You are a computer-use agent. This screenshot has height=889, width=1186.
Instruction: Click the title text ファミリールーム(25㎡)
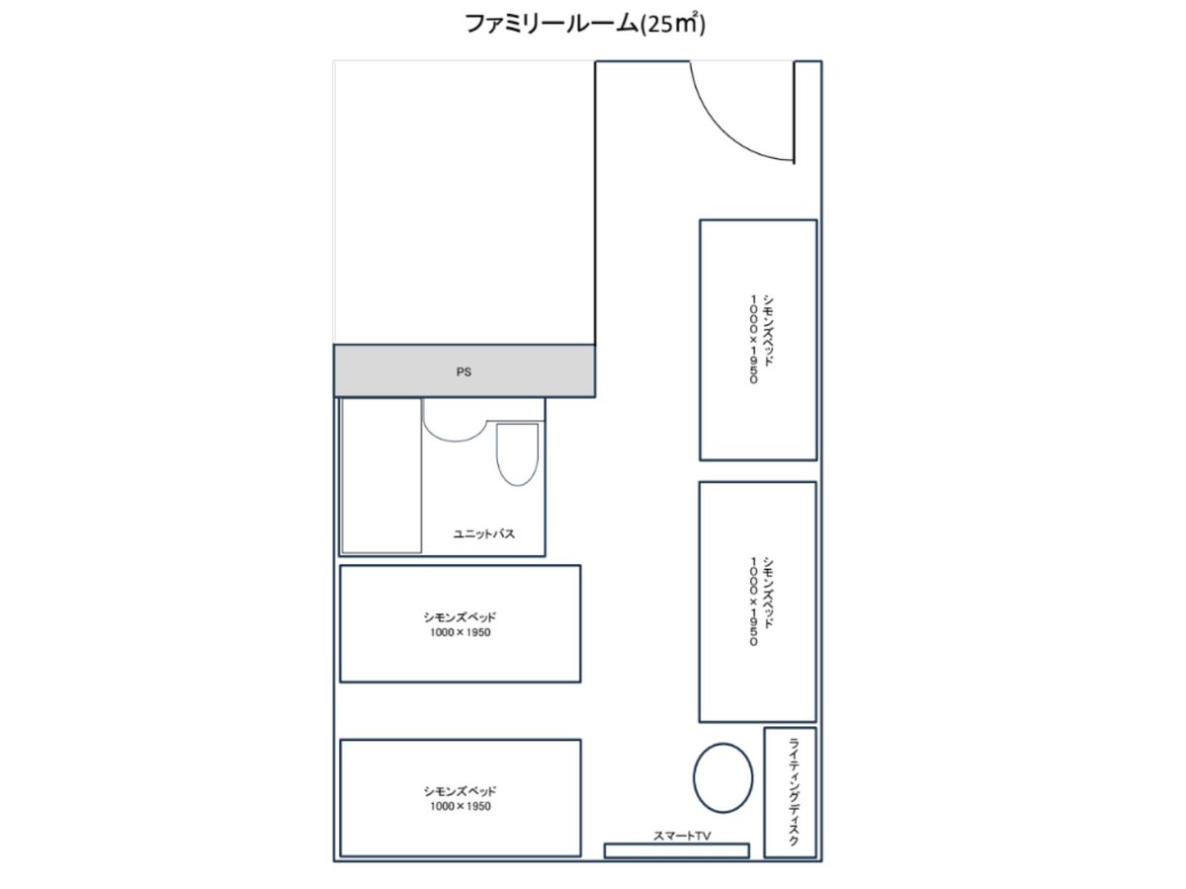[x=585, y=25]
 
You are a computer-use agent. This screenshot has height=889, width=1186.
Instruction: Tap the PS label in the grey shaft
[x=464, y=372]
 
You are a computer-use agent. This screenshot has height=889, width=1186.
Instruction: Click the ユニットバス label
[x=483, y=533]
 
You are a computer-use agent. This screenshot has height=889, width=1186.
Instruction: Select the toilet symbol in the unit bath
[x=517, y=454]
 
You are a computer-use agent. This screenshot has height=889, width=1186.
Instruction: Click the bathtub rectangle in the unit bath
[x=381, y=475]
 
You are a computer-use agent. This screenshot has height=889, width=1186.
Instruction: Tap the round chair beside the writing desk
[x=722, y=777]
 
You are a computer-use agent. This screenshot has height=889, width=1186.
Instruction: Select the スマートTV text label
[x=682, y=836]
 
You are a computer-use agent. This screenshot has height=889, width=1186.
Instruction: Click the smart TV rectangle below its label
[x=676, y=850]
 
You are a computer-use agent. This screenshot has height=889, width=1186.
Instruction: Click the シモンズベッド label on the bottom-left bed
[x=460, y=791]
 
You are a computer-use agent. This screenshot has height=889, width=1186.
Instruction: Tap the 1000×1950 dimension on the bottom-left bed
[x=461, y=806]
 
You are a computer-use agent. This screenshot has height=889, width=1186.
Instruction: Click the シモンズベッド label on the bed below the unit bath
[x=460, y=617]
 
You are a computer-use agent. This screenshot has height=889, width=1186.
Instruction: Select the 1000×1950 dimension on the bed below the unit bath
[x=461, y=632]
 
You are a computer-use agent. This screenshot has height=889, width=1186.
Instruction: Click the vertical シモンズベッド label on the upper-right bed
[x=768, y=330]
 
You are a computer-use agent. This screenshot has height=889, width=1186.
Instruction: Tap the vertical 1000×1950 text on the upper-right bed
[x=754, y=339]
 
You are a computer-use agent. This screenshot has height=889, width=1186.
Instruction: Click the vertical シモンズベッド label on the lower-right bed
[x=768, y=593]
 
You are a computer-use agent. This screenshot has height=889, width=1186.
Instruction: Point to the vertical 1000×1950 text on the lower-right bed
[x=754, y=602]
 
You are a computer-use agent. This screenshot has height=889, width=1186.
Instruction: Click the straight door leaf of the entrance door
[x=794, y=113]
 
